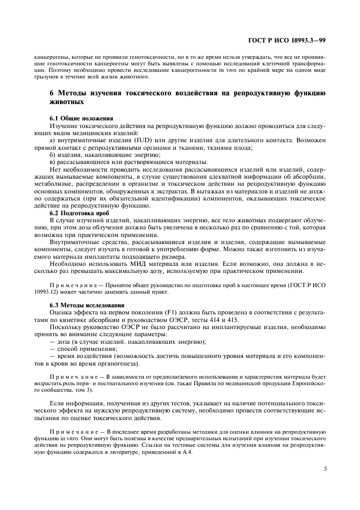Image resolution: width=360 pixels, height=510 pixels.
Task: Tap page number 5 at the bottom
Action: (325, 467)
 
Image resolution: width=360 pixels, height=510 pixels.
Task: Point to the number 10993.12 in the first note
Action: (46, 291)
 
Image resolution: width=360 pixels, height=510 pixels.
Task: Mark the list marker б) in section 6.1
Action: (53, 155)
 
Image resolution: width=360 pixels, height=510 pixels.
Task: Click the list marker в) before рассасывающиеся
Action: (53, 162)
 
